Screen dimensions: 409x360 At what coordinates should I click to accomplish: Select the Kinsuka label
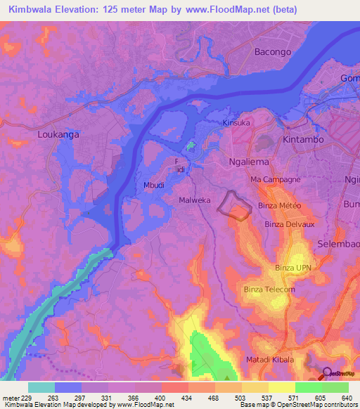click(236, 123)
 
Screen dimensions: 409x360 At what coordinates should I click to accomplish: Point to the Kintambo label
click(304, 140)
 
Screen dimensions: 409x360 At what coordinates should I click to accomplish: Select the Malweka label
click(195, 200)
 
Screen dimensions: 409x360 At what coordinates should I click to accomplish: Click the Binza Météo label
click(279, 205)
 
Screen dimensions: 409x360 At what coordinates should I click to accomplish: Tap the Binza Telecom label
click(269, 290)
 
